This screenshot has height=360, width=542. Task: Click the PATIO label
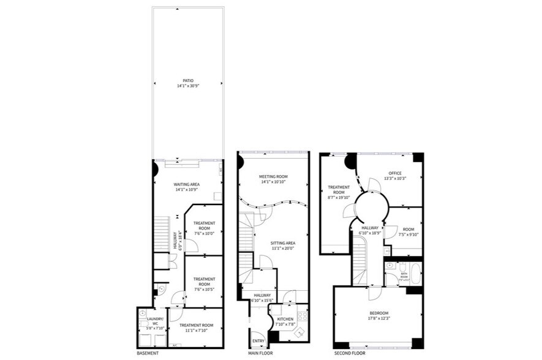pos(187,81)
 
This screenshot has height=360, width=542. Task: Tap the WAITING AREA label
pos(187,184)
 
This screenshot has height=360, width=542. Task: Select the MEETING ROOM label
pos(273,176)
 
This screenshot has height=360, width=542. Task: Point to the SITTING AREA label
pos(283,243)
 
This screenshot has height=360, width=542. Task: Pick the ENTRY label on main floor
pos(258,340)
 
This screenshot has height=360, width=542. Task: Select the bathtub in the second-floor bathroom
pos(416,273)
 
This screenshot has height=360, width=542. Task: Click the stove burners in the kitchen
pos(301,316)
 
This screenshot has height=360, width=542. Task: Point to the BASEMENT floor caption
pos(148,353)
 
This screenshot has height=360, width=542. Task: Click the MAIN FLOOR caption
pos(261,353)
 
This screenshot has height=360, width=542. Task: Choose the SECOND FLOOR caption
pos(350,353)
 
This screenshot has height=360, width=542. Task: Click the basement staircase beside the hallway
pos(161,233)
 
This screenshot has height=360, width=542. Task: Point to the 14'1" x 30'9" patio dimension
pos(187,86)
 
